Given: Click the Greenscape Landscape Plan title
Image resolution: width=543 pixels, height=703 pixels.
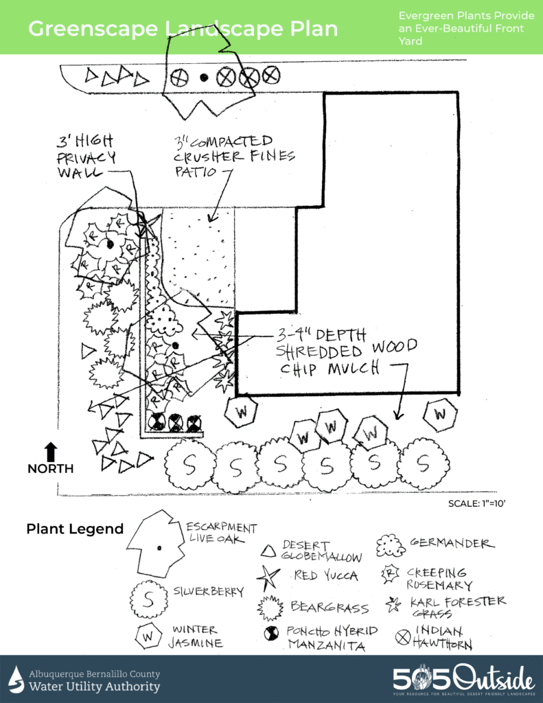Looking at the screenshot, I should pos(183,29).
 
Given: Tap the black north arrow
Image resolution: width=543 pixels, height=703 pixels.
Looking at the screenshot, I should pos(51,452).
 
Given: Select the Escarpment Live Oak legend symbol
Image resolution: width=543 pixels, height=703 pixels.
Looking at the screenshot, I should pos(157,544).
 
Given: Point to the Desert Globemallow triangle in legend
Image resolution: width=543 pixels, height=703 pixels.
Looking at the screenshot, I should pos(270,550).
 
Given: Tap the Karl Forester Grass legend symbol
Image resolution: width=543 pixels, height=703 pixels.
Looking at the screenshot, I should pos(393,604).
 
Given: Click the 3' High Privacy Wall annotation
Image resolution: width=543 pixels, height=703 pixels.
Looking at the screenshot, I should pos(86,157).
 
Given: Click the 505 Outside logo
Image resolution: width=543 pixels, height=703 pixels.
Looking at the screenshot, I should pos(463,679).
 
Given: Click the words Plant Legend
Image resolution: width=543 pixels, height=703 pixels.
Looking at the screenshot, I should pos(74,529).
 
